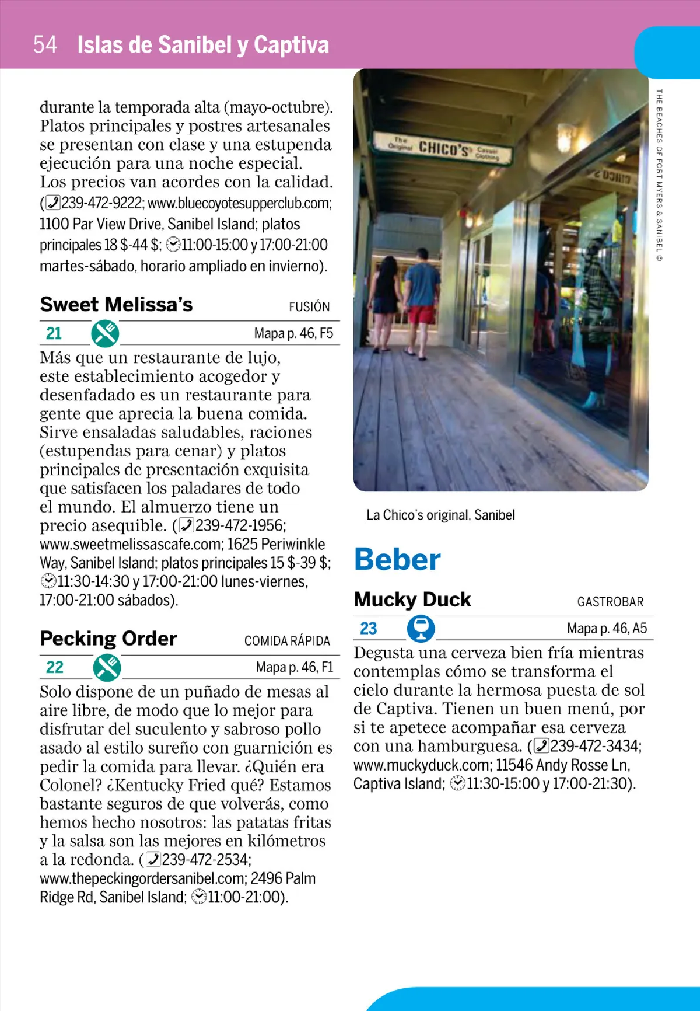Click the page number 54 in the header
point(45,45)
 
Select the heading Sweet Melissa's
point(116,305)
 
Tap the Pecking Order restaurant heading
point(108,639)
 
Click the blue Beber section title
point(397,560)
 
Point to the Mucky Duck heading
point(412,599)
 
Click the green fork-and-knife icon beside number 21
point(105,333)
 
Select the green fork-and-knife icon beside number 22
point(107,667)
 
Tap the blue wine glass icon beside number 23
point(421,629)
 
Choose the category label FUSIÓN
point(309,307)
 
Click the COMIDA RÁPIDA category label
point(287,641)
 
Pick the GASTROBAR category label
point(610,602)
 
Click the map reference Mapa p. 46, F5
point(293,333)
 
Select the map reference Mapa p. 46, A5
point(607,629)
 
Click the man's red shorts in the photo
point(421,314)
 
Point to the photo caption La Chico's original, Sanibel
point(440,515)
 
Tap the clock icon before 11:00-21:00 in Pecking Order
point(199,897)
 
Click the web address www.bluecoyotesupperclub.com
point(239,203)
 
